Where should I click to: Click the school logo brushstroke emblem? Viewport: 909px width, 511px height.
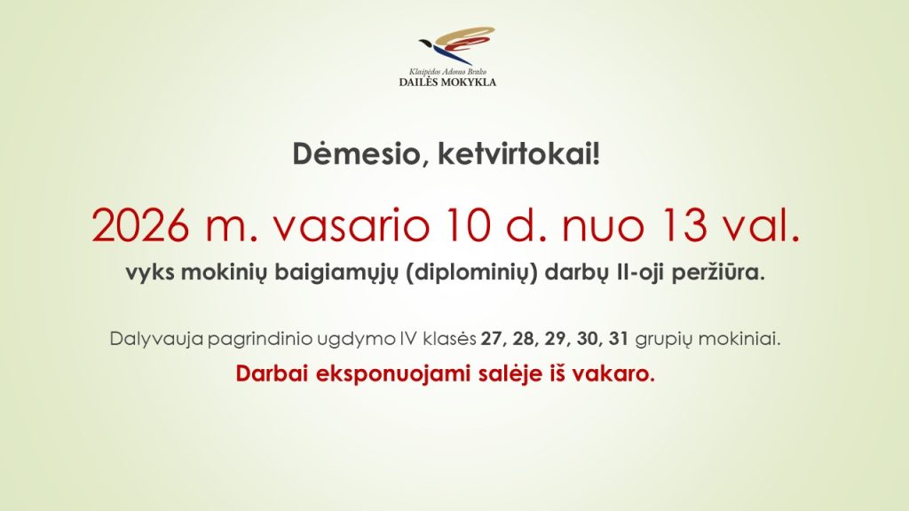(x=457, y=44)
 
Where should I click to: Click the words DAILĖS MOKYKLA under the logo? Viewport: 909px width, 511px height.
(x=447, y=83)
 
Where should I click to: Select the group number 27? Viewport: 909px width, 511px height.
(x=493, y=339)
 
